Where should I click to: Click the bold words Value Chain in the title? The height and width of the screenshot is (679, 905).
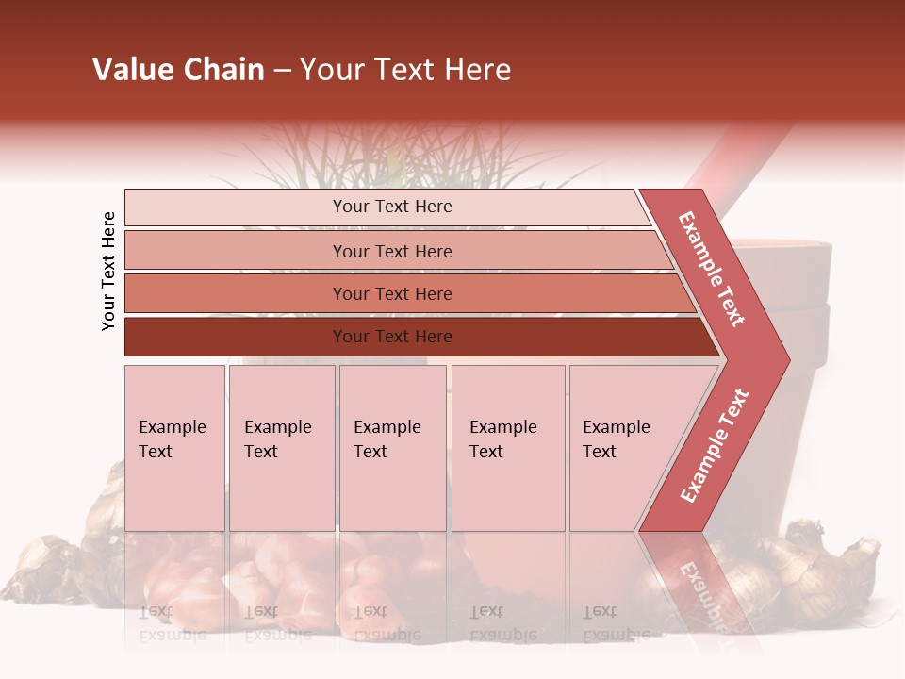178,70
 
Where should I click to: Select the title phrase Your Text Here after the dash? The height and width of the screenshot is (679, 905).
405,70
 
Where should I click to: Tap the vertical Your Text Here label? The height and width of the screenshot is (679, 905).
108,271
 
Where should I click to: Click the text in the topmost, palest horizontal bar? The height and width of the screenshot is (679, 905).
392,207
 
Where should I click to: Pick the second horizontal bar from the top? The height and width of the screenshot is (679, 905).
392,251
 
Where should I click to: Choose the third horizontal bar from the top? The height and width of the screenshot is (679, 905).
392,294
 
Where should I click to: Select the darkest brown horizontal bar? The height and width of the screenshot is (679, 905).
392,337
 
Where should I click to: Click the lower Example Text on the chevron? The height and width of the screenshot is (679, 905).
715,445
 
